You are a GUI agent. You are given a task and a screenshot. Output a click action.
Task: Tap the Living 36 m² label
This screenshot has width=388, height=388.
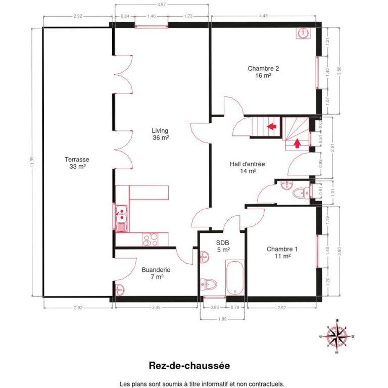coord(160,134)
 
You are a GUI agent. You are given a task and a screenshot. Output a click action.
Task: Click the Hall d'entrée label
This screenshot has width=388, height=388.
coord(248,167)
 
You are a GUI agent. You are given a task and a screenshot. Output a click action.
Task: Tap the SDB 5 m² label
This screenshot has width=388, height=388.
coord(223,246)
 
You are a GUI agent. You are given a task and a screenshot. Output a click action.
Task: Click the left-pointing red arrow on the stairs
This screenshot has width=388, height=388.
coord(271,126)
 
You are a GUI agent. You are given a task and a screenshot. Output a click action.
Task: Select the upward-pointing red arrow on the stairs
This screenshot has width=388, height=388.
coord(298,143)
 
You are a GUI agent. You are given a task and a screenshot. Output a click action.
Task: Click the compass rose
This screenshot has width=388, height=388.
coord(336,336)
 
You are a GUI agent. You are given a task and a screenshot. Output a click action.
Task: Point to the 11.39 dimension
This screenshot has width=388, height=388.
coord(32,162)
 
